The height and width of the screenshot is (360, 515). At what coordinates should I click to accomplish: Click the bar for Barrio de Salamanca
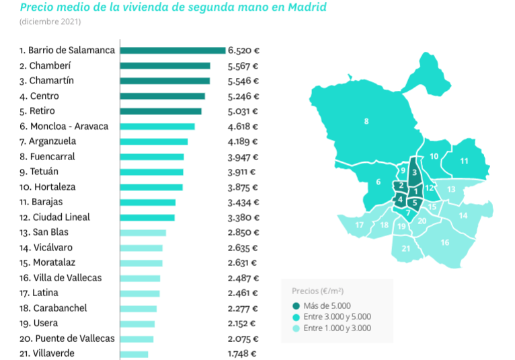point(173,50)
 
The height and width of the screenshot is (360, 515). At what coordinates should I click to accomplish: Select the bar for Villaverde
point(134,354)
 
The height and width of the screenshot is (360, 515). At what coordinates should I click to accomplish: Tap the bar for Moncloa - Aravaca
point(157,127)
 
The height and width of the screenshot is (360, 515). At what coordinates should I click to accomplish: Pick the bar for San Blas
point(143,233)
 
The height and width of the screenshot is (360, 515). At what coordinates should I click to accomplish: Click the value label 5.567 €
point(243,66)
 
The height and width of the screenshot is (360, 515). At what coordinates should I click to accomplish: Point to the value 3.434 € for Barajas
point(243,203)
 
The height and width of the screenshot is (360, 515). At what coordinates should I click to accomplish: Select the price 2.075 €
point(243,338)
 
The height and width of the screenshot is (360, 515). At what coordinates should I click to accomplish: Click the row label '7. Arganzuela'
point(48,141)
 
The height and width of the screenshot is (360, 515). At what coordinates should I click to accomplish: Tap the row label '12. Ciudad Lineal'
point(54,217)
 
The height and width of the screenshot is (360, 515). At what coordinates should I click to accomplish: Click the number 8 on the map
point(366,121)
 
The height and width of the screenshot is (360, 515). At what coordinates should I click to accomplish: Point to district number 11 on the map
point(464,161)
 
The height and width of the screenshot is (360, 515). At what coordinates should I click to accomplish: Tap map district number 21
point(406,248)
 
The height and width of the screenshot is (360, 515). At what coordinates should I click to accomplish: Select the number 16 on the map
point(444,242)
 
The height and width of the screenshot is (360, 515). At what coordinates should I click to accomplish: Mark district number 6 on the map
point(379,182)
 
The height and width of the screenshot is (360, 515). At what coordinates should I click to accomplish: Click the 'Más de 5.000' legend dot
point(296,305)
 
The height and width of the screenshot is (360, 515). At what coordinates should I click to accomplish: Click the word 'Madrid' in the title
point(303,8)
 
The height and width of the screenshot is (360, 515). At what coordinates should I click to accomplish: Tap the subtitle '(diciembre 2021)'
point(50,22)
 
